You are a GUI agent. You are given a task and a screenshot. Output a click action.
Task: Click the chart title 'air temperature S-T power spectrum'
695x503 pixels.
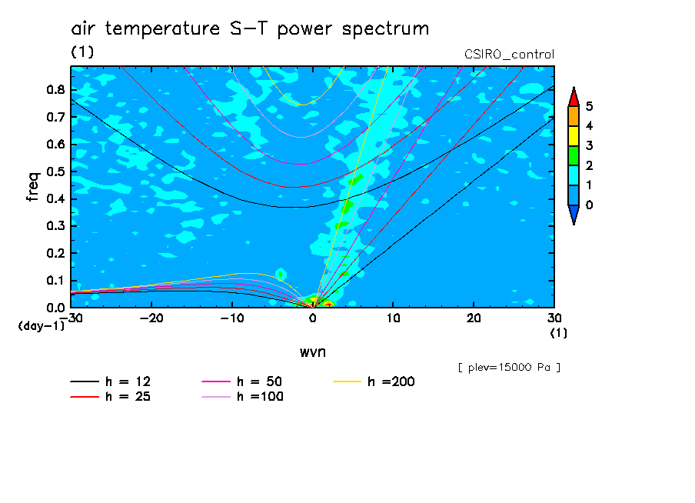(x=250, y=29)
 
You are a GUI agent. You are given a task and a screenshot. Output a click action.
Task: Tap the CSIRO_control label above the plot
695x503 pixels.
(x=509, y=55)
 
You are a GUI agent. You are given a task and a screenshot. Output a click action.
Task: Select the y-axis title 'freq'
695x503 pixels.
(x=33, y=187)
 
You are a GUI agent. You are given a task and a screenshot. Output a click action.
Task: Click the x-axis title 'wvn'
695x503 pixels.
(x=313, y=352)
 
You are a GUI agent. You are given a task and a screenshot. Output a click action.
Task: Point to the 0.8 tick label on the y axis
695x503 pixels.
(x=55, y=89)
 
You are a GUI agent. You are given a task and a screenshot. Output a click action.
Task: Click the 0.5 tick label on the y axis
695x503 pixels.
(x=55, y=172)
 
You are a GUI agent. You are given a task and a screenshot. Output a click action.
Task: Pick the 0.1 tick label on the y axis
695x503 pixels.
(x=55, y=281)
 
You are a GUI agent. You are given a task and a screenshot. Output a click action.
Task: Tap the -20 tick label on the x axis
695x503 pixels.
(x=151, y=318)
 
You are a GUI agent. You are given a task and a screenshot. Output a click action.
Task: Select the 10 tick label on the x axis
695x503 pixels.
(x=393, y=318)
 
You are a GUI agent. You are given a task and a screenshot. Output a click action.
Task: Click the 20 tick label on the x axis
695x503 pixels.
(x=474, y=318)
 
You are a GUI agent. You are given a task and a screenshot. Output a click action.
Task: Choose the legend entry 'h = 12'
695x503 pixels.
(x=111, y=381)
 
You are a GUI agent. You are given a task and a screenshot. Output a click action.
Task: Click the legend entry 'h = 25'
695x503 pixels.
(x=111, y=397)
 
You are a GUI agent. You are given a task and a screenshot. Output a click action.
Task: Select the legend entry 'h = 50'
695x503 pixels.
(x=242, y=381)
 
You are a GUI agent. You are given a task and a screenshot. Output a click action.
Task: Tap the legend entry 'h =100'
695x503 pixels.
(x=242, y=397)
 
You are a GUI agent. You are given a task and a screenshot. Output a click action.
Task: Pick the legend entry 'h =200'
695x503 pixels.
(x=374, y=381)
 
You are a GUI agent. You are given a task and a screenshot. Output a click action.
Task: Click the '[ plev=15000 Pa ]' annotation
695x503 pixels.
(x=509, y=368)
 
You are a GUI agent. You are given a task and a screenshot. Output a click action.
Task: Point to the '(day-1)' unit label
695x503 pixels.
(x=42, y=326)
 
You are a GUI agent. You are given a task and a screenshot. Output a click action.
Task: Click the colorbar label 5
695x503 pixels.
(x=589, y=106)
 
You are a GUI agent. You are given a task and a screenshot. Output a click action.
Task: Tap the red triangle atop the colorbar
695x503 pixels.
(x=574, y=97)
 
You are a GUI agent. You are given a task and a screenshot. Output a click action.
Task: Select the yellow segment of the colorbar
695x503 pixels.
(x=574, y=136)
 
